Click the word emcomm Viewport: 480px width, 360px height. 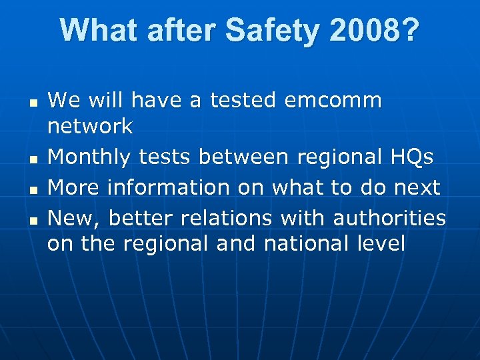click(x=333, y=101)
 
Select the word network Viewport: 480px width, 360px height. click(x=90, y=127)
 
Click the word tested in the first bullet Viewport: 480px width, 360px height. click(x=243, y=101)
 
